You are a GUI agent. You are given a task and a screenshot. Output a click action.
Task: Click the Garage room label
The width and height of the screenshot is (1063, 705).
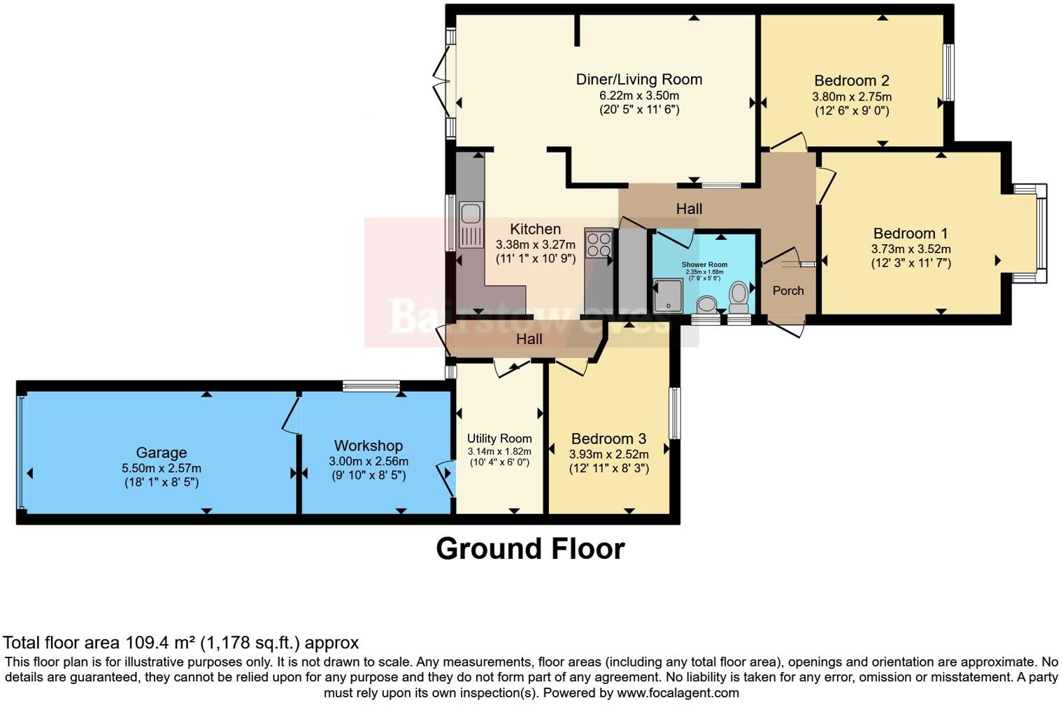tap(161, 453)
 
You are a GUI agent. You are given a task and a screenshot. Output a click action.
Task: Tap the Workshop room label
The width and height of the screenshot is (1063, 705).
tap(369, 446)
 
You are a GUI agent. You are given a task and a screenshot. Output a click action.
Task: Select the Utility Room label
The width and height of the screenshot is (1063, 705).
tap(499, 439)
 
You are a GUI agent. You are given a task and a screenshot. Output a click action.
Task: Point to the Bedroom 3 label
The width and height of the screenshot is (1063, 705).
tap(608, 439)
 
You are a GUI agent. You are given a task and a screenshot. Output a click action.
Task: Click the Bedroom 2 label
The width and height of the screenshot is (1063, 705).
tap(851, 80)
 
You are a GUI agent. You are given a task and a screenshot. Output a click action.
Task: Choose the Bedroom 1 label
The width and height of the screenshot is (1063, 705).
tap(911, 234)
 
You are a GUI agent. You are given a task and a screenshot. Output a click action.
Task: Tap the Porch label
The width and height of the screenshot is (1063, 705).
tap(788, 291)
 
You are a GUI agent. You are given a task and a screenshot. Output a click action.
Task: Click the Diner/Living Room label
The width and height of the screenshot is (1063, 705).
tap(638, 80)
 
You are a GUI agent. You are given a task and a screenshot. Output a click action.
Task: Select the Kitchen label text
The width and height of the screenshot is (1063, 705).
tap(535, 229)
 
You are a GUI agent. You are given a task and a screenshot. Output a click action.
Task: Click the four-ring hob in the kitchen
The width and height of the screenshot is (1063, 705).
tap(599, 244)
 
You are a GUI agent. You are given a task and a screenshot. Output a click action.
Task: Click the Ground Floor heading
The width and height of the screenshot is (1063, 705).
tap(530, 549)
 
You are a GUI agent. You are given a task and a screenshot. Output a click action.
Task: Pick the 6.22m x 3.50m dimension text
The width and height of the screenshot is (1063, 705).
tap(638, 96)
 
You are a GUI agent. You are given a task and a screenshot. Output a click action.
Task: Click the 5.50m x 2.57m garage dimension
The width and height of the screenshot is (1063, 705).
tap(161, 468)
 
